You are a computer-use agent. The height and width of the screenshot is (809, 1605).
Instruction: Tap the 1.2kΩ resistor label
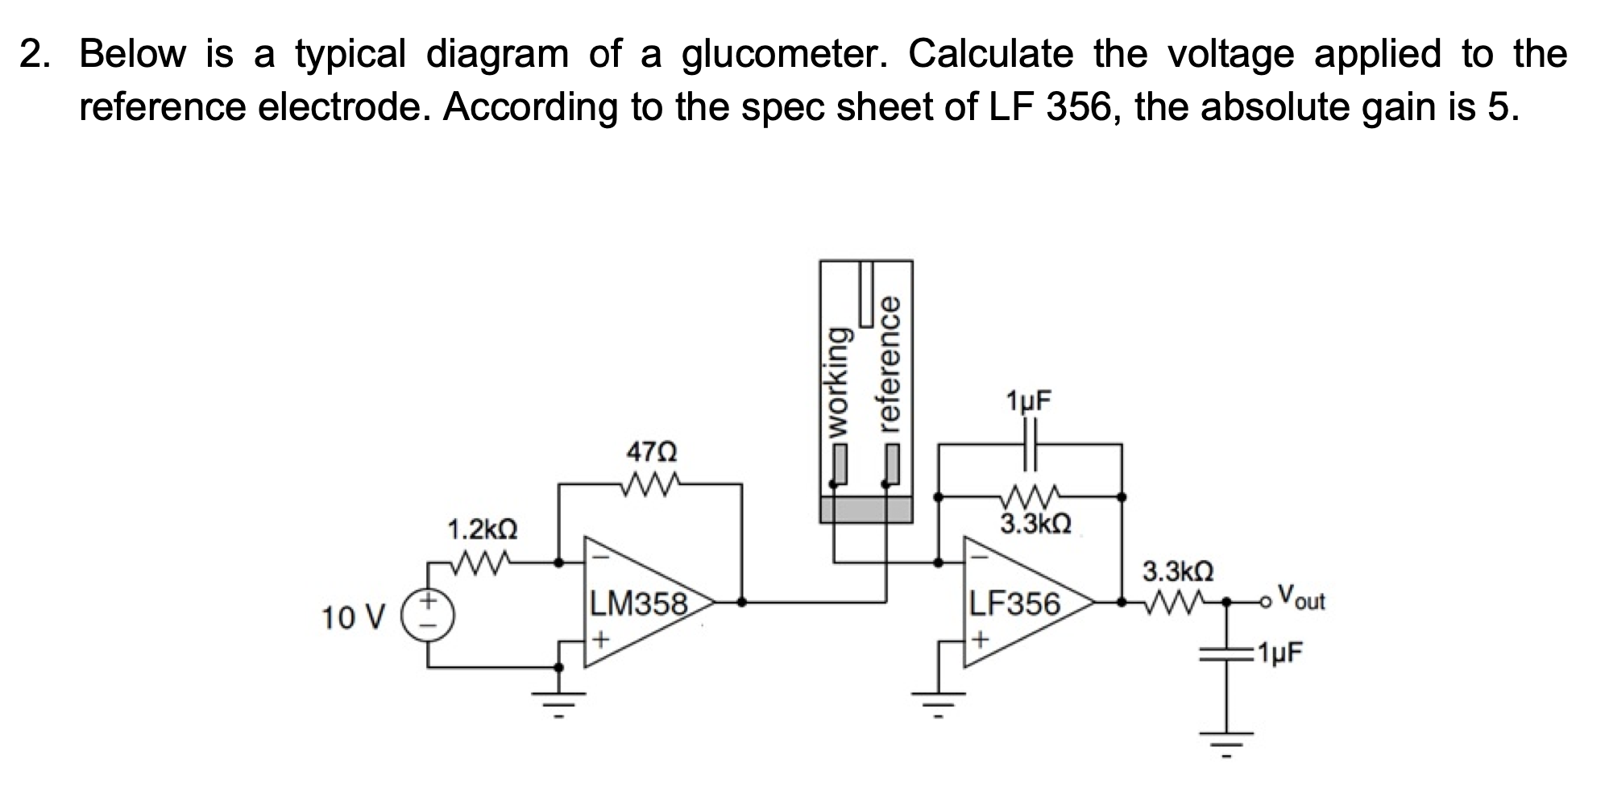[x=483, y=530]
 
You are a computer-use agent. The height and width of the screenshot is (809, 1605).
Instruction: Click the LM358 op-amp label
[x=639, y=604]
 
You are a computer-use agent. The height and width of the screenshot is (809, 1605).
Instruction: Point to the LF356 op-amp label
[x=1014, y=604]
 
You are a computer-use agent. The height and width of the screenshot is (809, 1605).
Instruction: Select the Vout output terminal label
[x=1302, y=599]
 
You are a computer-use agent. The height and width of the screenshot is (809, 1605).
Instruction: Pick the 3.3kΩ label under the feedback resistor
[x=1035, y=525]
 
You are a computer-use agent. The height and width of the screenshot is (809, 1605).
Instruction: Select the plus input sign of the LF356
[x=979, y=641]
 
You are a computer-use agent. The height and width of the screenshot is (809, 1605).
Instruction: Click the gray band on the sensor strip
[x=866, y=509]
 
